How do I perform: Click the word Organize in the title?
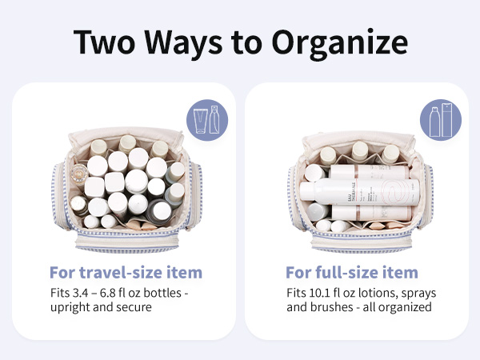[x=339, y=43]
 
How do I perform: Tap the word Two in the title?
[x=104, y=42]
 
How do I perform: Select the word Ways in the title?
[x=183, y=43]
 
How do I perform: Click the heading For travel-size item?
[x=126, y=272]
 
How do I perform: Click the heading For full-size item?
[x=352, y=272]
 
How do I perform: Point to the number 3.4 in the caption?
[x=80, y=293]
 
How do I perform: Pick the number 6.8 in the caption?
[x=108, y=293]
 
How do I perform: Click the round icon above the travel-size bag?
[x=207, y=120]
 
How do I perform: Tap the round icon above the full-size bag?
[x=441, y=120]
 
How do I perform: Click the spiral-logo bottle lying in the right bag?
[x=360, y=192]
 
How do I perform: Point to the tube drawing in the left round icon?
[x=201, y=121]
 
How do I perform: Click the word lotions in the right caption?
[x=378, y=293]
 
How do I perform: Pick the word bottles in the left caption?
[x=162, y=293]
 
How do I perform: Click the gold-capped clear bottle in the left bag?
[x=79, y=175]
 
